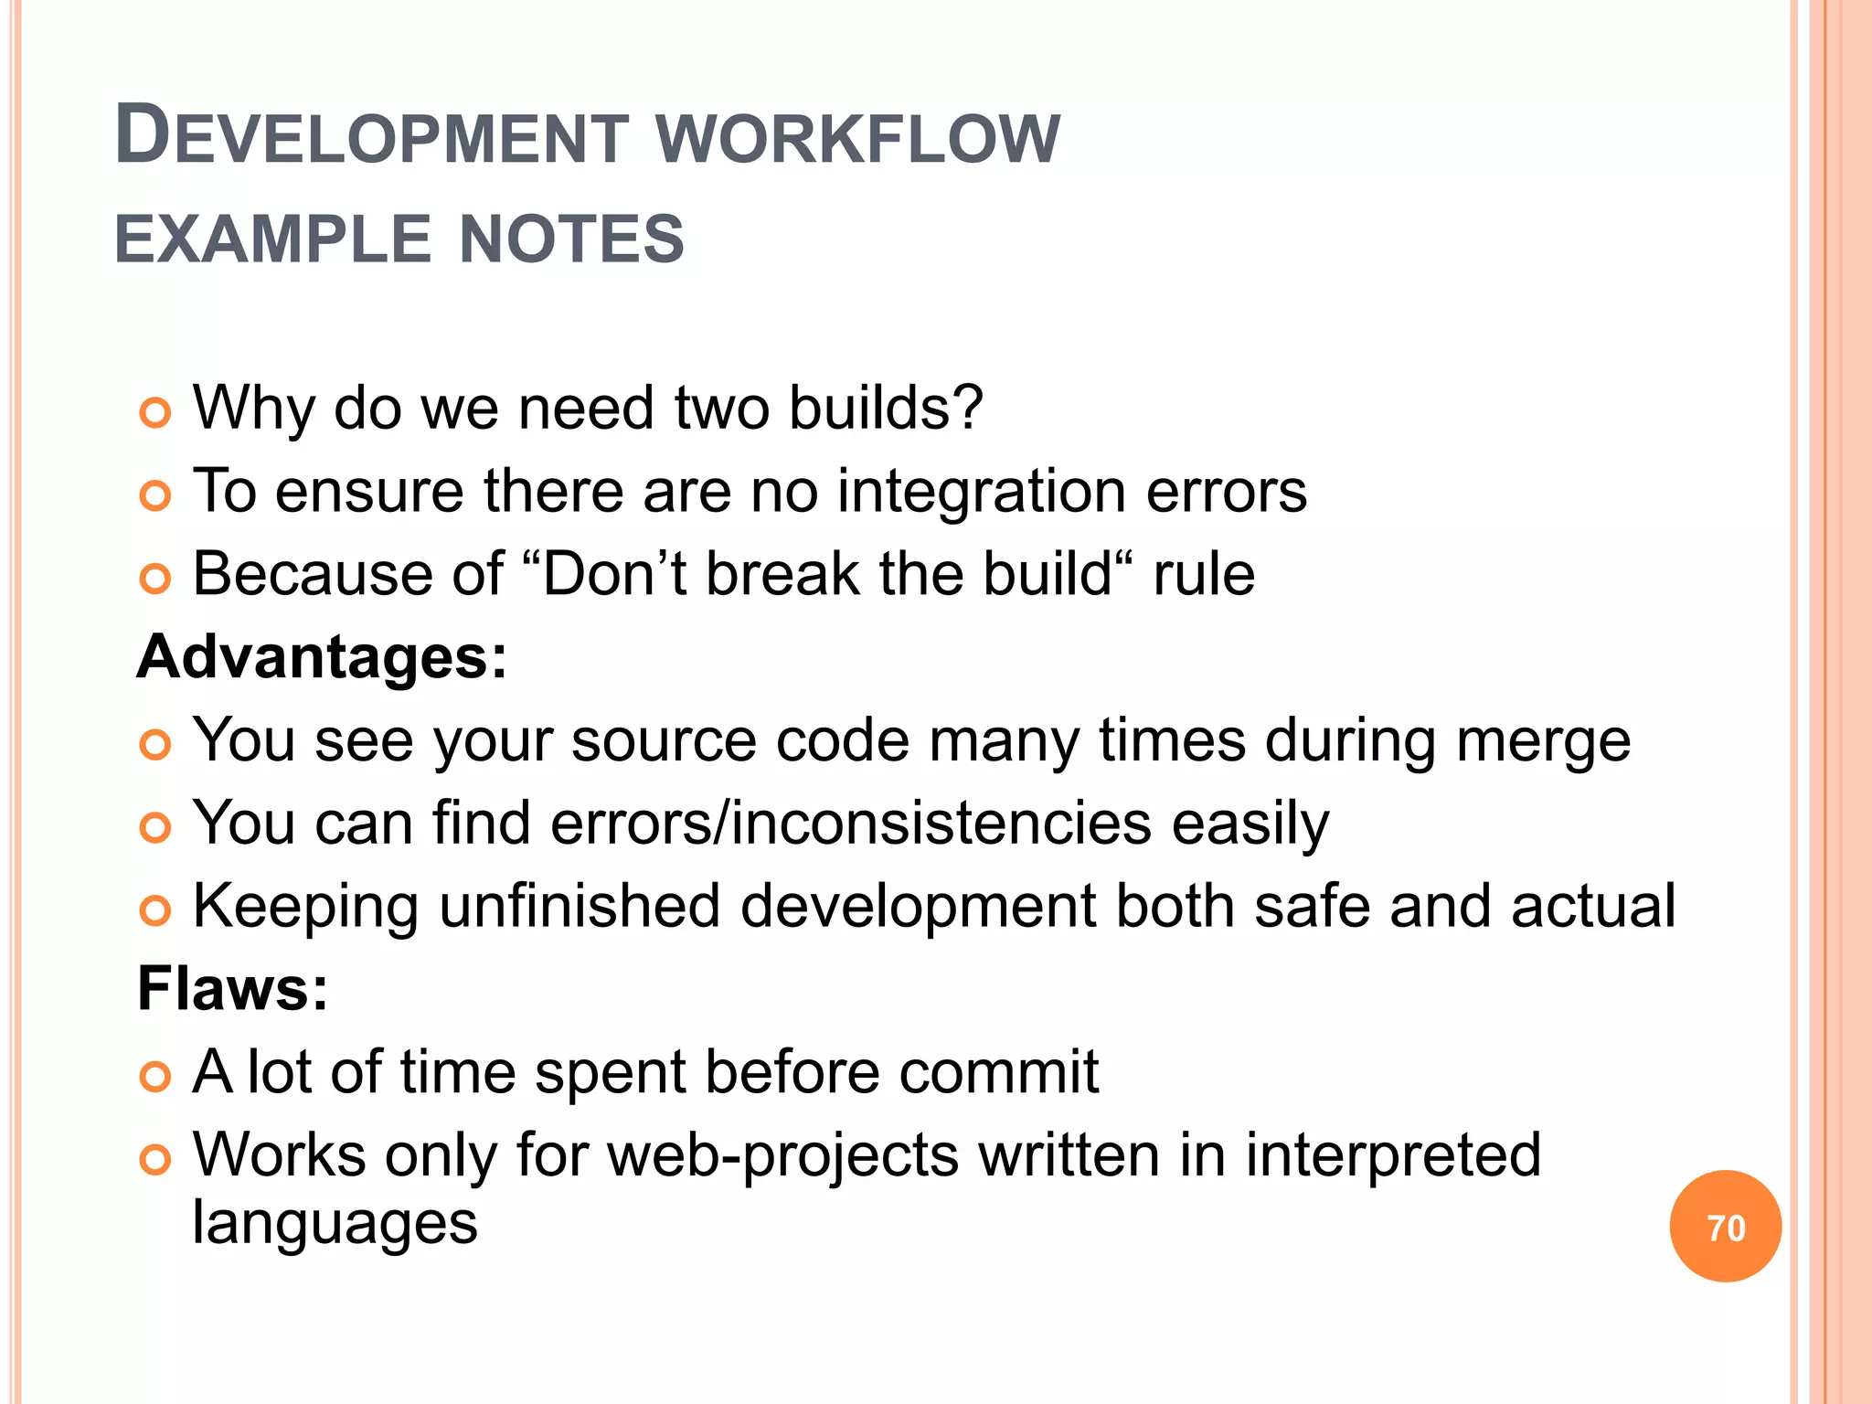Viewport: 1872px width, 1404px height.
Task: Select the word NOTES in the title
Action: tap(571, 239)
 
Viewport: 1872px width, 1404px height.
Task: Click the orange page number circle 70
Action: tap(1725, 1227)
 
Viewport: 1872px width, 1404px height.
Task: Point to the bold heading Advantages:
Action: tap(322, 657)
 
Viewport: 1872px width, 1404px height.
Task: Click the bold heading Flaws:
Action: tap(232, 989)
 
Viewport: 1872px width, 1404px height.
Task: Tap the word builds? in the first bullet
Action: tap(886, 408)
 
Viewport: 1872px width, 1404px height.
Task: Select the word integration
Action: tap(982, 492)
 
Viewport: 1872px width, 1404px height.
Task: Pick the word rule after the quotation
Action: tap(1204, 575)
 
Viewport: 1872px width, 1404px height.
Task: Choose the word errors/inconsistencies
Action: tap(851, 823)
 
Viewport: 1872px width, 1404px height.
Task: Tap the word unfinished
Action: tap(580, 906)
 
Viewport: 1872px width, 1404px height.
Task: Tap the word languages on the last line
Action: tap(335, 1225)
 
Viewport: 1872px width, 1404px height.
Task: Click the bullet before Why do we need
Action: tap(155, 413)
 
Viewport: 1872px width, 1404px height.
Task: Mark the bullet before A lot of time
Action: tap(155, 1078)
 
